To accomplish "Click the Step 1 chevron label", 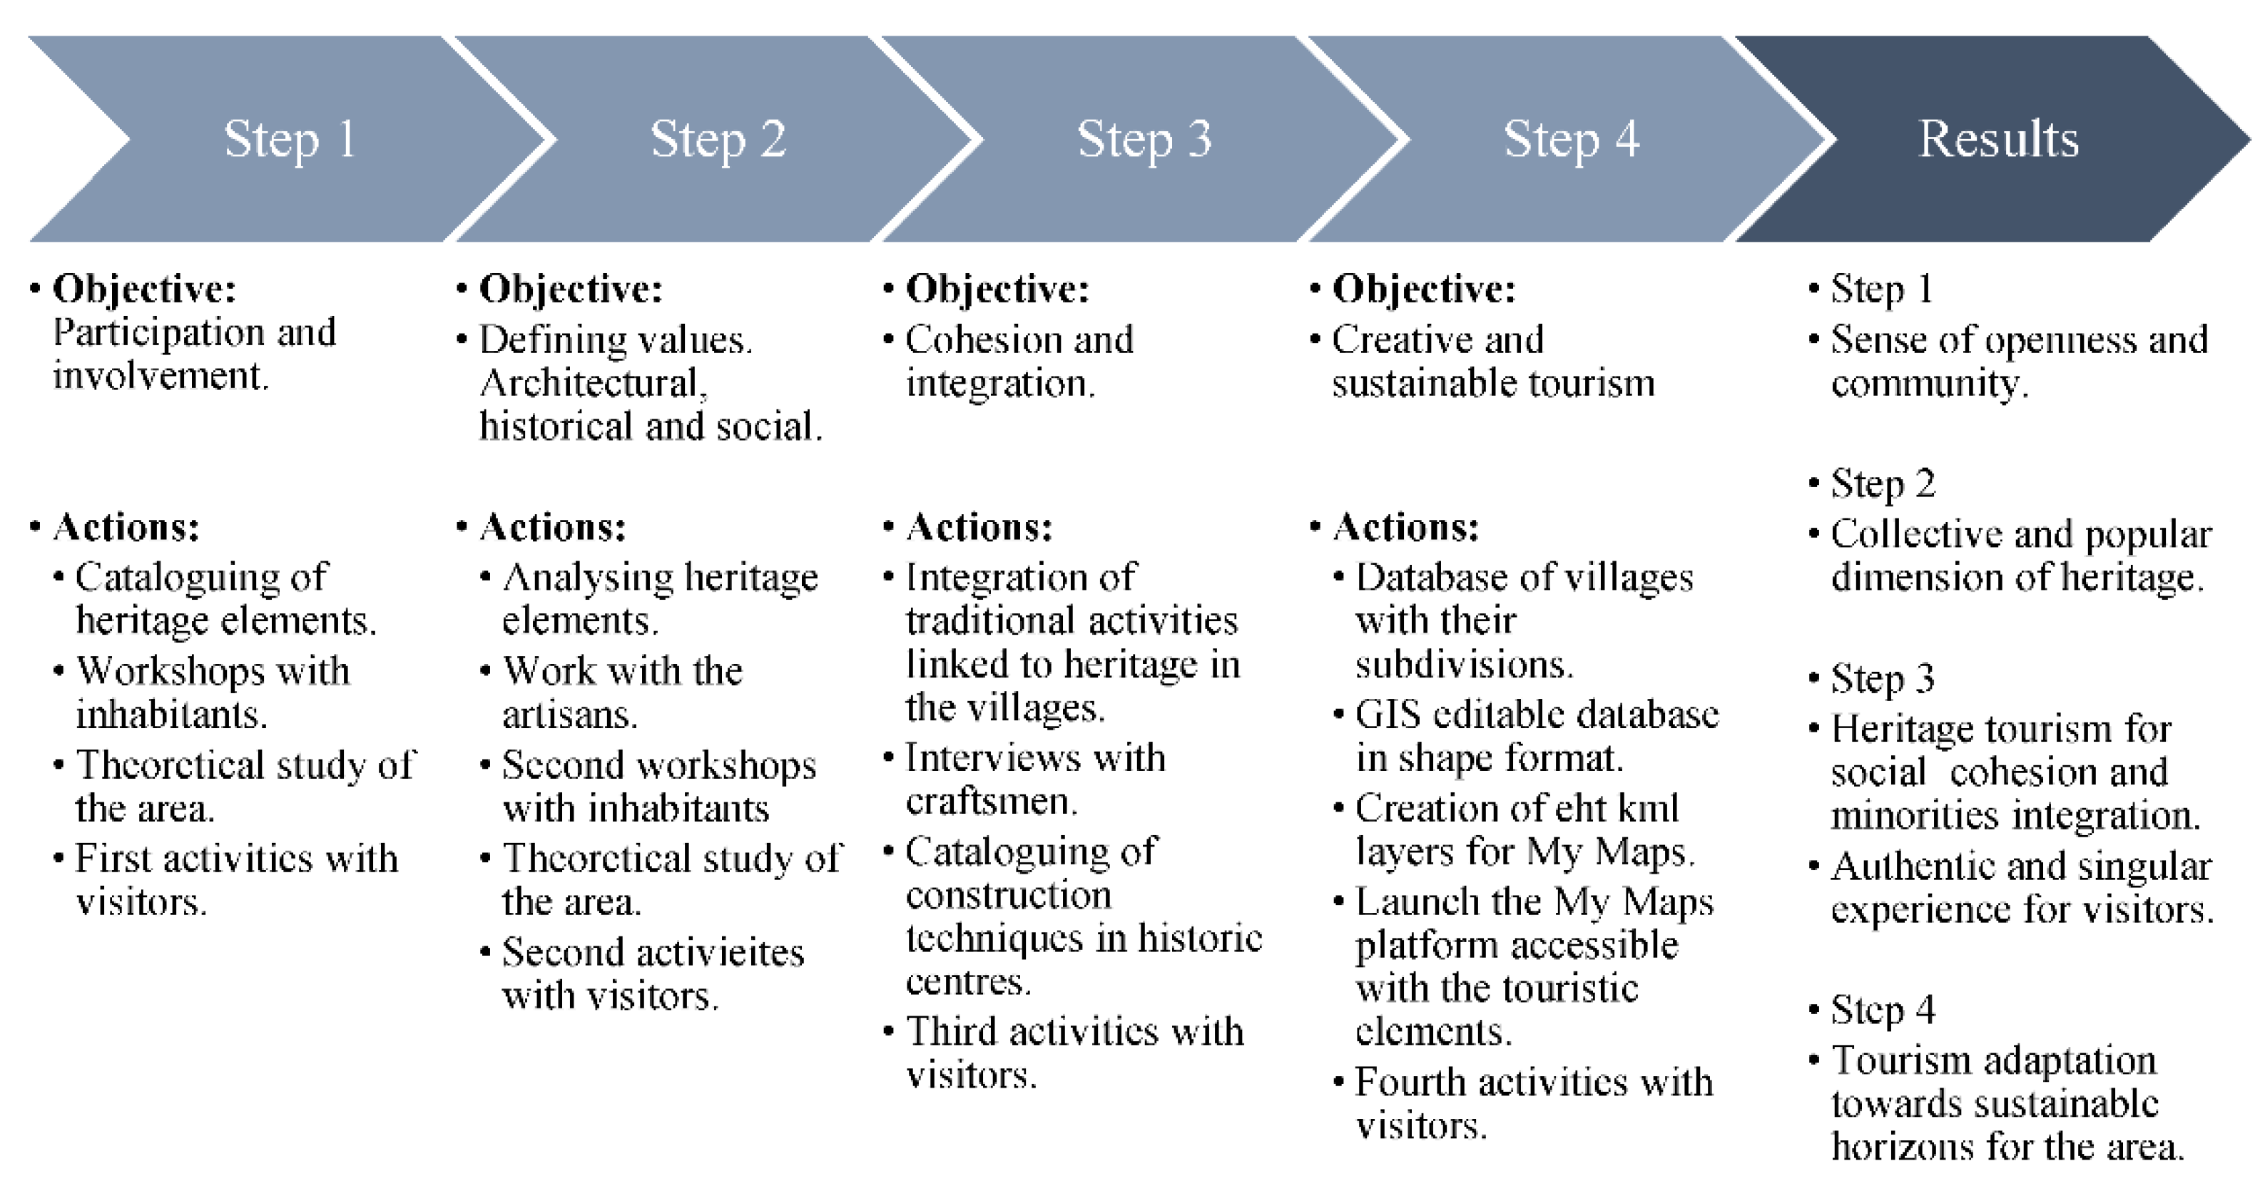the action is [290, 138].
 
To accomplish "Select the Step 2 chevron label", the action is [718, 138].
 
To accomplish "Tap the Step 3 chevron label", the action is [1144, 138].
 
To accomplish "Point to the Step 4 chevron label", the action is [1570, 138].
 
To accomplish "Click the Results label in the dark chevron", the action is [1997, 138].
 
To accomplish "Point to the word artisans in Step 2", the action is [568, 715].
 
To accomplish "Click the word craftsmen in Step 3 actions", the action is [989, 801].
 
